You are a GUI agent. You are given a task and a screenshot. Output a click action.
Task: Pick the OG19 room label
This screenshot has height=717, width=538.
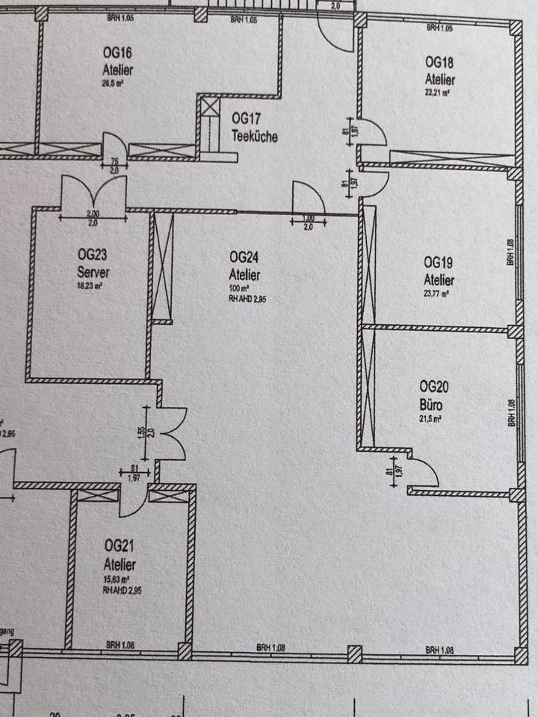pyautogui.click(x=439, y=263)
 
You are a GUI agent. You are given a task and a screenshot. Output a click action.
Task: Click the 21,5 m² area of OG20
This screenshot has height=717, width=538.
pyautogui.click(x=431, y=420)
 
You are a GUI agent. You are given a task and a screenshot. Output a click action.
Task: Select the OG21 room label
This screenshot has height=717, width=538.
pyautogui.click(x=120, y=545)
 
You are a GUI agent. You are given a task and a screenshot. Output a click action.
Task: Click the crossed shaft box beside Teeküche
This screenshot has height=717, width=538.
pyautogui.click(x=208, y=105)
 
